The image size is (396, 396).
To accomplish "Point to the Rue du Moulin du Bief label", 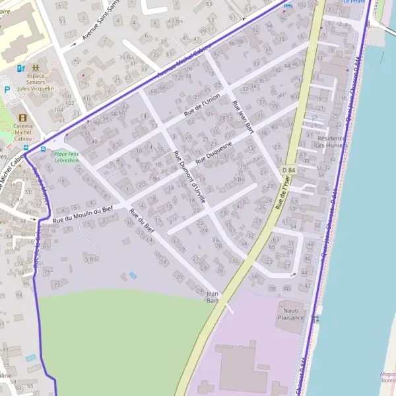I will pyautogui.click(x=84, y=214).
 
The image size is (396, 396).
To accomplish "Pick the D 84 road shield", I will pyautogui.click(x=288, y=170).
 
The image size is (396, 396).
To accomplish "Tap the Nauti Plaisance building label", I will pyautogui.click(x=290, y=313).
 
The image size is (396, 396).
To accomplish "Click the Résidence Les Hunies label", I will pyautogui.click(x=329, y=141).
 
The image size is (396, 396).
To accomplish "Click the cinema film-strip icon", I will pyautogui.click(x=22, y=118).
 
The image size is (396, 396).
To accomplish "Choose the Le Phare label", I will pyautogui.click(x=354, y=2).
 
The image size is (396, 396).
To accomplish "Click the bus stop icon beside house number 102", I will pyautogui.click(x=287, y=6).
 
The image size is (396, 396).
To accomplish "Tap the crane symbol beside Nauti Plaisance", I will pyautogui.click(x=315, y=319).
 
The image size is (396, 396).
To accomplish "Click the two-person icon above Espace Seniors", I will pyautogui.click(x=34, y=67).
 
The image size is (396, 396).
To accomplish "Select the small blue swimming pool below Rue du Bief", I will pyautogui.click(x=133, y=275).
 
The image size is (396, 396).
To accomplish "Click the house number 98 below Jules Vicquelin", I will pyautogui.click(x=44, y=96).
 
